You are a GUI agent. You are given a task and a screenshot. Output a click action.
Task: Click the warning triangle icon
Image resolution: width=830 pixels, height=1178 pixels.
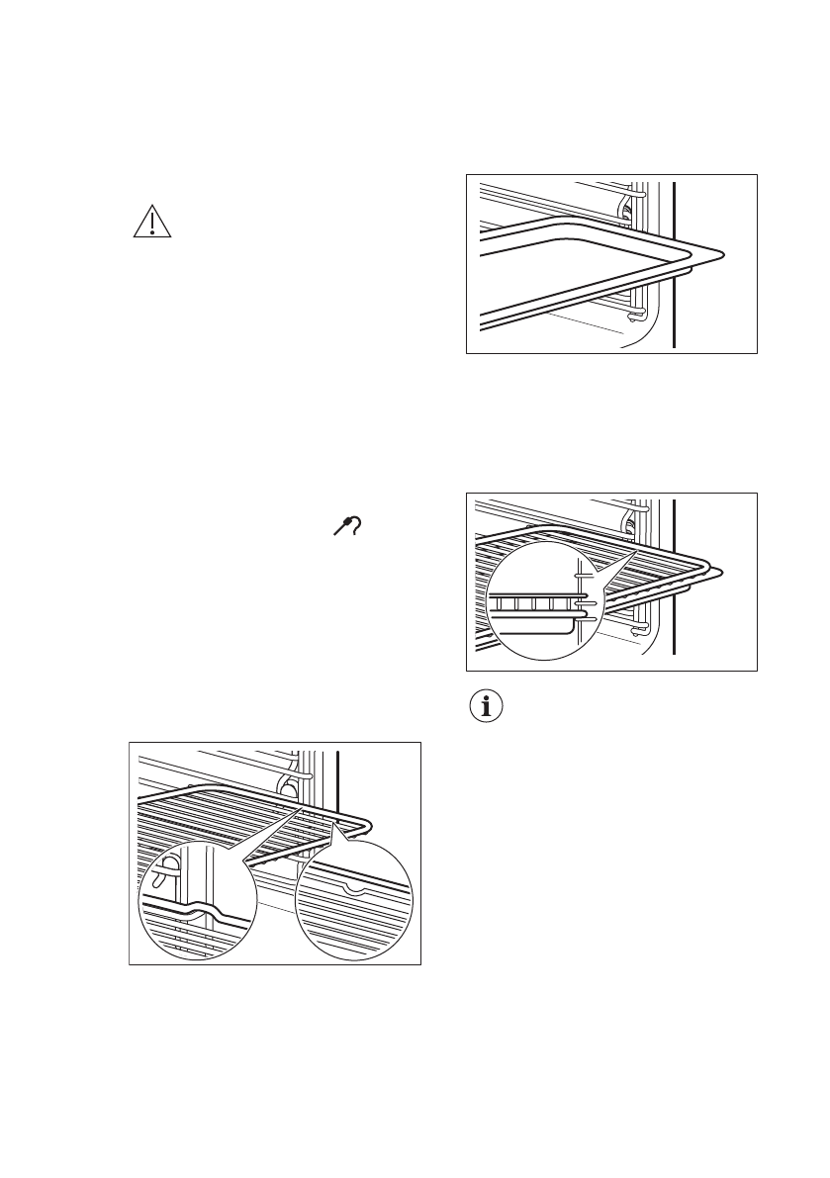(x=152, y=224)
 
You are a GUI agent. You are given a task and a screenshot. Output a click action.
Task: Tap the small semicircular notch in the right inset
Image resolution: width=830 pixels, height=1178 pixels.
(x=354, y=887)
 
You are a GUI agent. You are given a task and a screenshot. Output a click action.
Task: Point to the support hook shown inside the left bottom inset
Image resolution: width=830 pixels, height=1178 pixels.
(x=170, y=864)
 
